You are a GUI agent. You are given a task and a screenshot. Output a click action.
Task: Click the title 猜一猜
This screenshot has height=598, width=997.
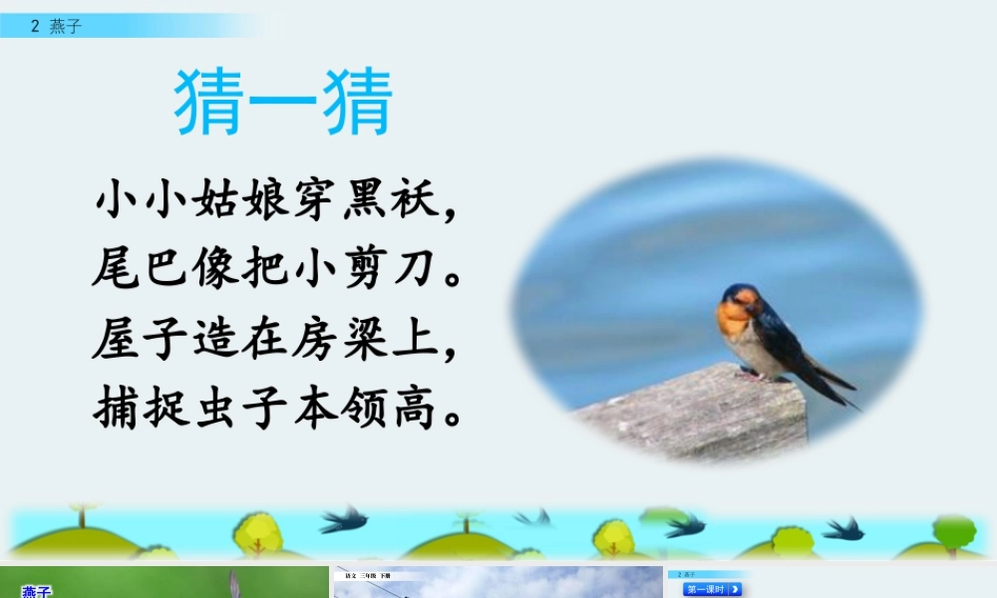tap(284, 102)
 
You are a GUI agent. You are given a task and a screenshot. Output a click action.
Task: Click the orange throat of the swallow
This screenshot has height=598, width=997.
tap(733, 319)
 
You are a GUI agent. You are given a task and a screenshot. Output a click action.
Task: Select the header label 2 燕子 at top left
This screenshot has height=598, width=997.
tap(56, 27)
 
